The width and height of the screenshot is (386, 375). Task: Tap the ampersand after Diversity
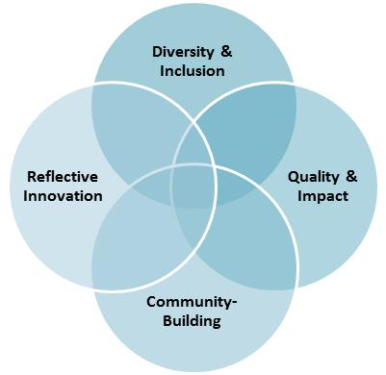(x=226, y=52)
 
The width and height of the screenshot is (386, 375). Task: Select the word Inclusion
(x=193, y=70)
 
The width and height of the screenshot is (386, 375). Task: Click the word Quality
(x=313, y=177)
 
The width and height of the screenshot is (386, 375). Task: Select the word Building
(x=193, y=320)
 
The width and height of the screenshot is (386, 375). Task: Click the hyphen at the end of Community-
(x=234, y=303)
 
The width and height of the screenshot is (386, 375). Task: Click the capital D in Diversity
(x=157, y=52)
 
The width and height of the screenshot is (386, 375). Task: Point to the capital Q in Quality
(x=295, y=177)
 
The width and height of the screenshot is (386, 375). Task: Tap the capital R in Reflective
(x=32, y=177)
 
